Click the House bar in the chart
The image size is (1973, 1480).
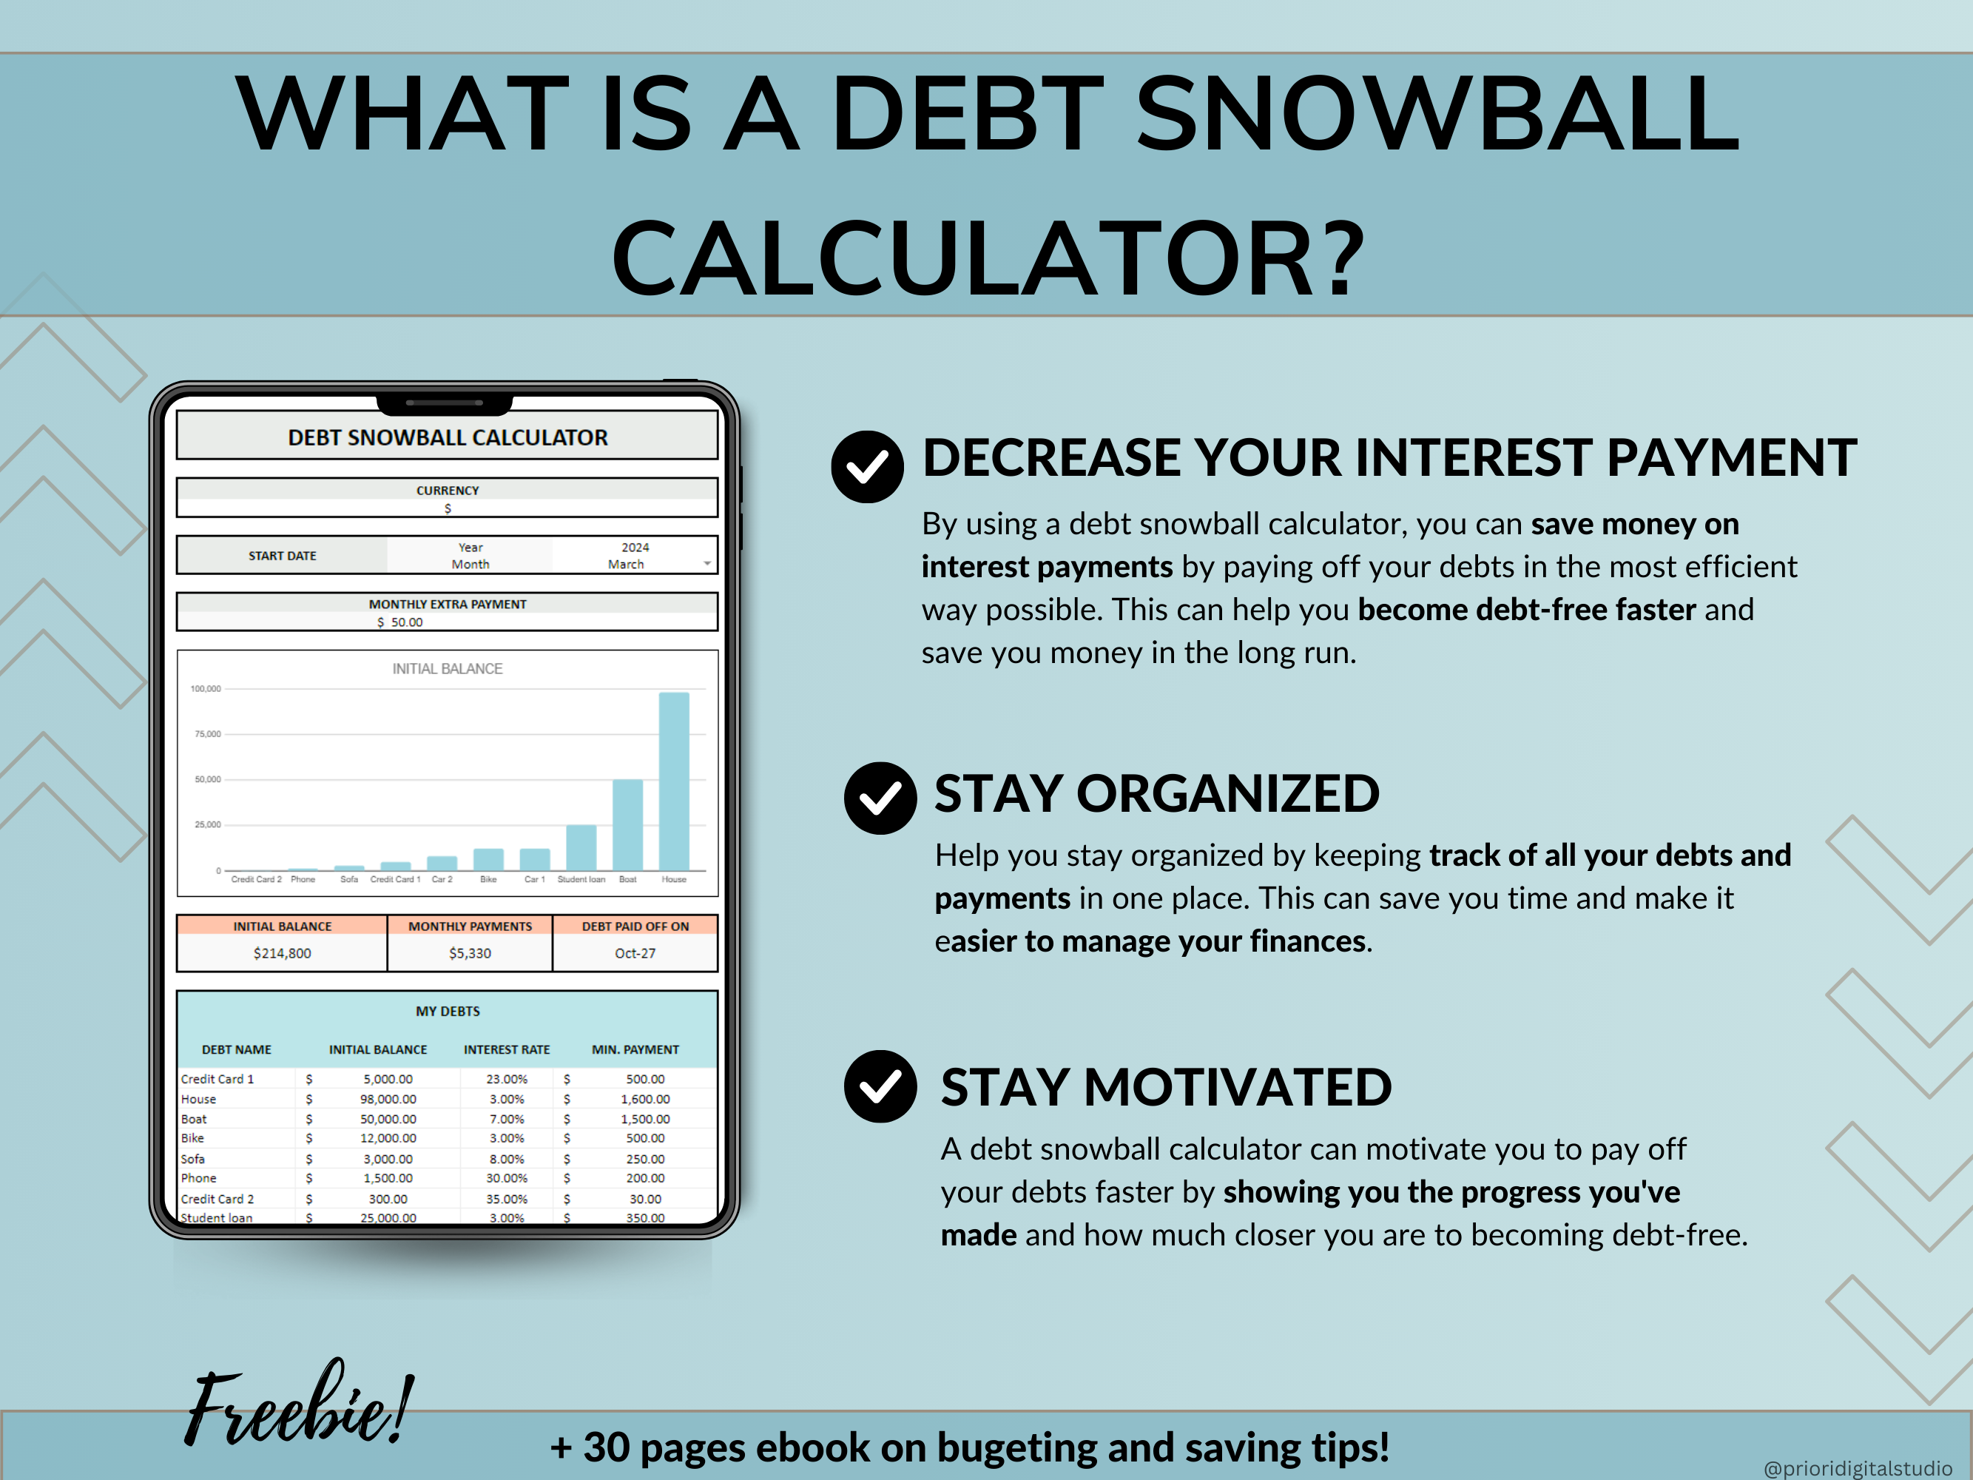pyautogui.click(x=673, y=781)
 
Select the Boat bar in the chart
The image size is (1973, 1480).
pyautogui.click(x=627, y=824)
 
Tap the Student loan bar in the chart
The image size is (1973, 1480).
pyautogui.click(x=581, y=847)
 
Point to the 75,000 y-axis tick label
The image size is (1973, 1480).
pyautogui.click(x=207, y=734)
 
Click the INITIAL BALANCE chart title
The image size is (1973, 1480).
pyautogui.click(x=447, y=669)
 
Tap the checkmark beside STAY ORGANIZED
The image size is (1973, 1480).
pyautogui.click(x=880, y=798)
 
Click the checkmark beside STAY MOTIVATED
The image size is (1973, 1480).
pyautogui.click(x=880, y=1086)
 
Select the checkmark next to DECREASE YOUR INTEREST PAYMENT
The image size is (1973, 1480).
pyautogui.click(x=867, y=467)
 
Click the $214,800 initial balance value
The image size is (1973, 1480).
pyautogui.click(x=282, y=953)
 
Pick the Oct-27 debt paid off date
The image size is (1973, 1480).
pyautogui.click(x=635, y=953)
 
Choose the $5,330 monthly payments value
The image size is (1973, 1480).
pyautogui.click(x=470, y=953)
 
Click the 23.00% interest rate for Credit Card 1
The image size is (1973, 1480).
pyautogui.click(x=507, y=1080)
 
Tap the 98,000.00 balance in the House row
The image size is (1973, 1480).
pyautogui.click(x=388, y=1099)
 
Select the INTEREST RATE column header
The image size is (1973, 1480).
pyautogui.click(x=507, y=1050)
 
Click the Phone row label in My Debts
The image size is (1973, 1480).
pyautogui.click(x=199, y=1179)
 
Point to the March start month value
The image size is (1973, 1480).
pyautogui.click(x=626, y=565)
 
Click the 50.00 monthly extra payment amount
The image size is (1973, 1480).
pyautogui.click(x=407, y=622)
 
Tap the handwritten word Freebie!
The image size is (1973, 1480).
pyautogui.click(x=299, y=1405)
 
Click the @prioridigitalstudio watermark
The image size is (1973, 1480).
pyautogui.click(x=1857, y=1467)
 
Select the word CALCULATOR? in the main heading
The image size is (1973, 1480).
pyautogui.click(x=988, y=259)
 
